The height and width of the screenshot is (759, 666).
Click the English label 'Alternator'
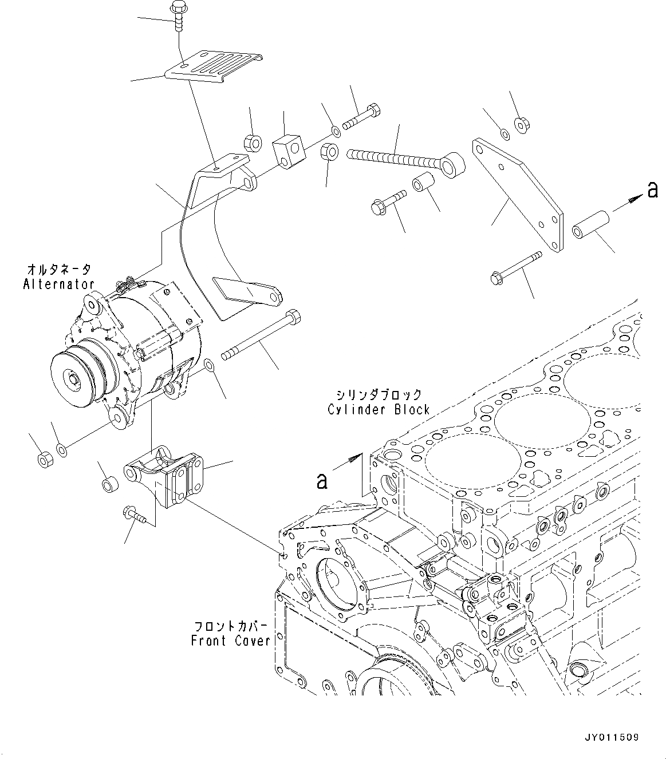tap(58, 284)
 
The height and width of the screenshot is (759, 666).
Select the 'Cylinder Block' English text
tap(379, 409)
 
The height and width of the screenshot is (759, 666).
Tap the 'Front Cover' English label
tap(230, 641)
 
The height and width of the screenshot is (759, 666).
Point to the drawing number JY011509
tap(612, 738)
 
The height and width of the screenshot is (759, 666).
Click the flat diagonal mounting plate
tap(517, 194)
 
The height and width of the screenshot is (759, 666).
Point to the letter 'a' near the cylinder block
tap(322, 481)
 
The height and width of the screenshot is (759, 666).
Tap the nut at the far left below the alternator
tap(45, 459)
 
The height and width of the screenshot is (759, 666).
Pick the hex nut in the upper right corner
tap(521, 124)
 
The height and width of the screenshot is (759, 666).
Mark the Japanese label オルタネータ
tap(58, 269)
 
